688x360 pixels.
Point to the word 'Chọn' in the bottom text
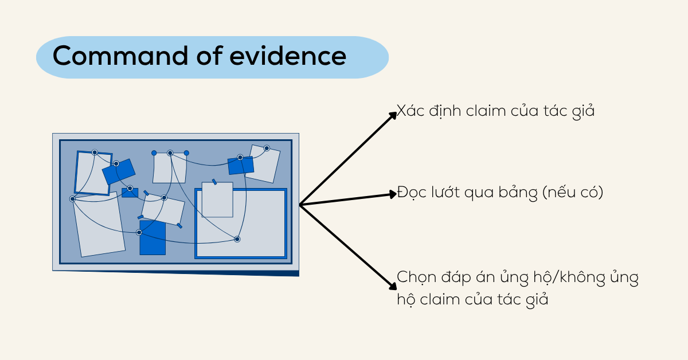[x=414, y=279]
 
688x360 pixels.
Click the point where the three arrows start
[x=300, y=204]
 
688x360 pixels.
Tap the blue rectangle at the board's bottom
[x=153, y=241]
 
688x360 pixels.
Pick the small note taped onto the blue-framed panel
[x=217, y=199]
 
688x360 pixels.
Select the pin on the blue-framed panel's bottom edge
[x=237, y=239]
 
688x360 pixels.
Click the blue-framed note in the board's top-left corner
[x=92, y=173]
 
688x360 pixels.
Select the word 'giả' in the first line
[x=582, y=111]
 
